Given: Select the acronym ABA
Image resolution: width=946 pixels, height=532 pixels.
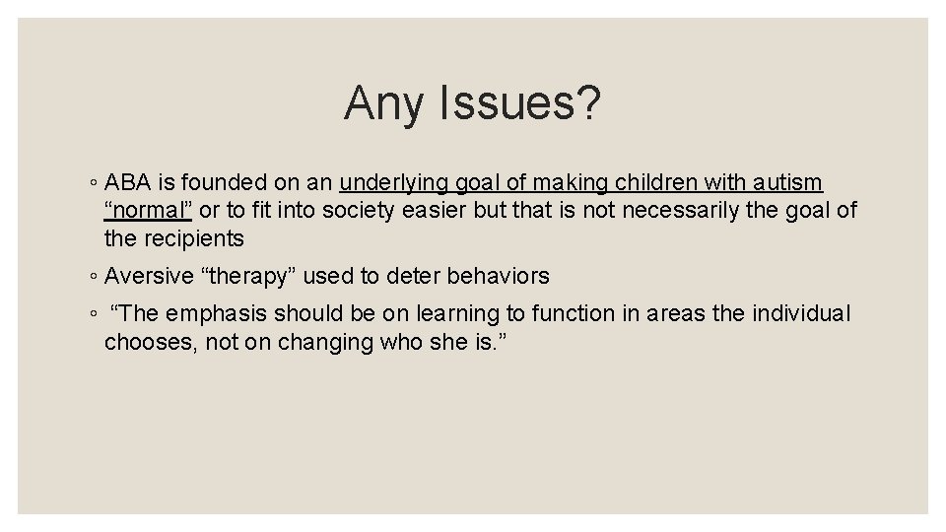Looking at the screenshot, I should [x=126, y=182].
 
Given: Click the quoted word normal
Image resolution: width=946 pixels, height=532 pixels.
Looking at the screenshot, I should [x=149, y=210].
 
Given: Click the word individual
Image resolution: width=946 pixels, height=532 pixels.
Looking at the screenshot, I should [x=800, y=313].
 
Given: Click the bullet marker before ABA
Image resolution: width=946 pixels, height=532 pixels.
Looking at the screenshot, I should [x=92, y=184].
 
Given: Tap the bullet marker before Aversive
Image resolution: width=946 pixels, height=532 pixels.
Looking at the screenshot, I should [x=92, y=278].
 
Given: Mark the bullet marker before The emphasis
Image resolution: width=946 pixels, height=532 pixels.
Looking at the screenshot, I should [x=92, y=315].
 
